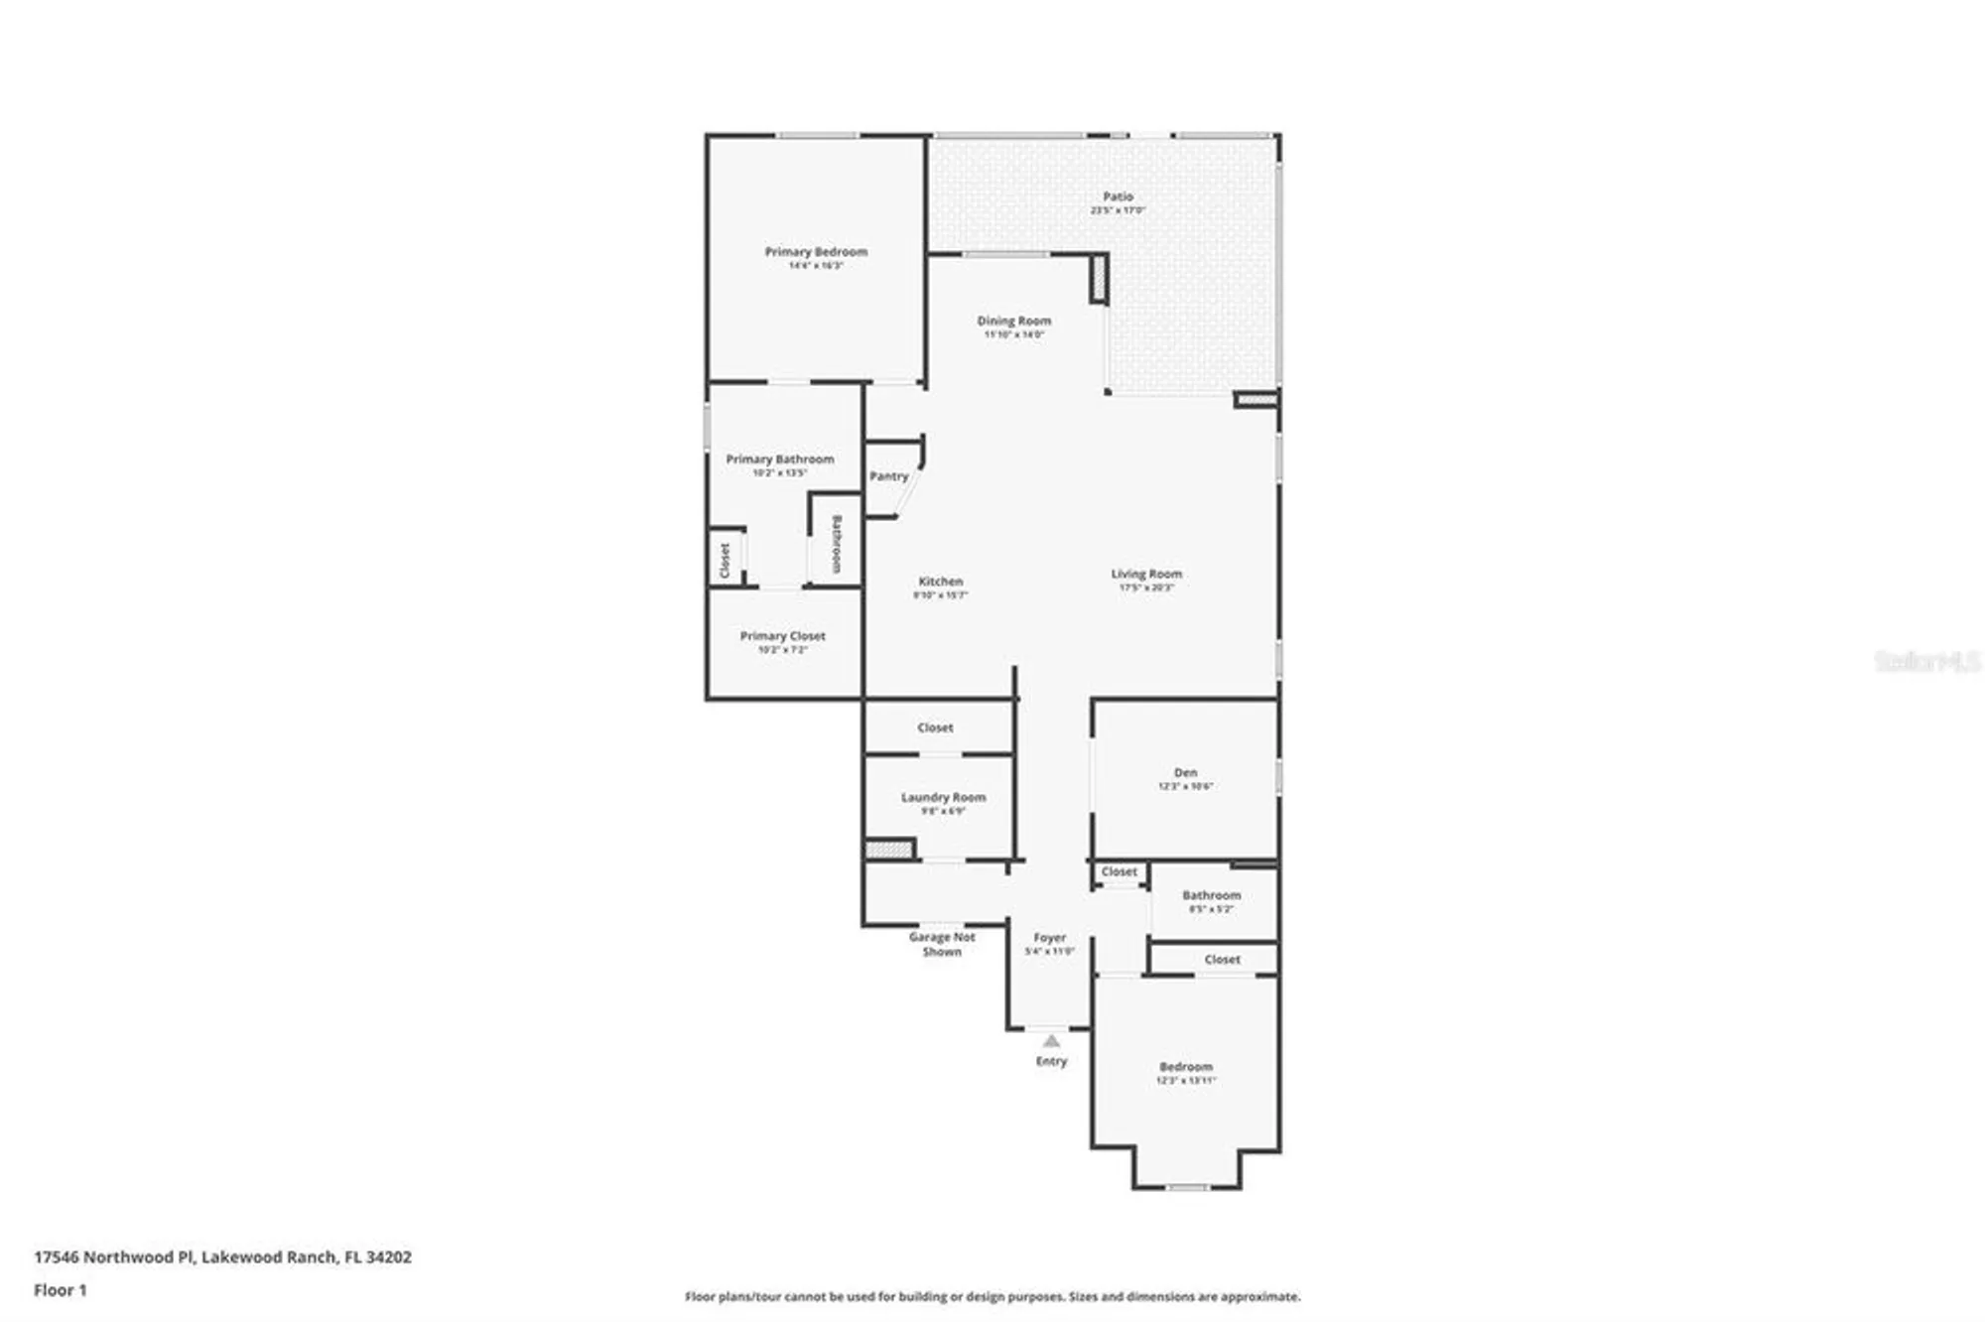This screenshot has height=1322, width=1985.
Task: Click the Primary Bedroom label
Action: click(x=816, y=252)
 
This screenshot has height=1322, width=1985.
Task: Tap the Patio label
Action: click(x=1118, y=197)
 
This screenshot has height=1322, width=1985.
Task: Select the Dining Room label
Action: click(x=1013, y=321)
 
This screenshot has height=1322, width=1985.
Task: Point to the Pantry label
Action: click(x=888, y=476)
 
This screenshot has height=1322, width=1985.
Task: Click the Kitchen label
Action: click(x=940, y=582)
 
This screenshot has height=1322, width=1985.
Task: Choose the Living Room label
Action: click(x=1145, y=574)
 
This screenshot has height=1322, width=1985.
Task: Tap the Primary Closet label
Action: click(x=782, y=636)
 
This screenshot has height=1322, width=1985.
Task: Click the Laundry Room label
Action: click(x=943, y=797)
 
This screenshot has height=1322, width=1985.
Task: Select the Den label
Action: click(x=1185, y=772)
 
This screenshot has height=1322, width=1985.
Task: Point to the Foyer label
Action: click(x=1049, y=937)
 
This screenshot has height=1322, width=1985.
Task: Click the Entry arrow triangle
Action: click(x=1051, y=1041)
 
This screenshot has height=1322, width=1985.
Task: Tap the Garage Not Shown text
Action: click(x=942, y=944)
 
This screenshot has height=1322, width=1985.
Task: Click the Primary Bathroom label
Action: click(x=779, y=460)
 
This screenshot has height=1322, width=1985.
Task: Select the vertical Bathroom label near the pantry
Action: click(x=836, y=544)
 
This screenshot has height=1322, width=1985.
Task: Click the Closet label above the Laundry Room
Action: click(x=935, y=727)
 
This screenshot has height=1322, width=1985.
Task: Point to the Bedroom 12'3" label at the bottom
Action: click(x=1185, y=1067)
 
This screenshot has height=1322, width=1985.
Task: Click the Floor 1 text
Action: click(x=60, y=1290)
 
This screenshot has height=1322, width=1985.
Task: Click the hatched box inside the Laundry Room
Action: click(x=888, y=850)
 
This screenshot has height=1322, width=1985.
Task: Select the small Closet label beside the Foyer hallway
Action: click(x=1119, y=871)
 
